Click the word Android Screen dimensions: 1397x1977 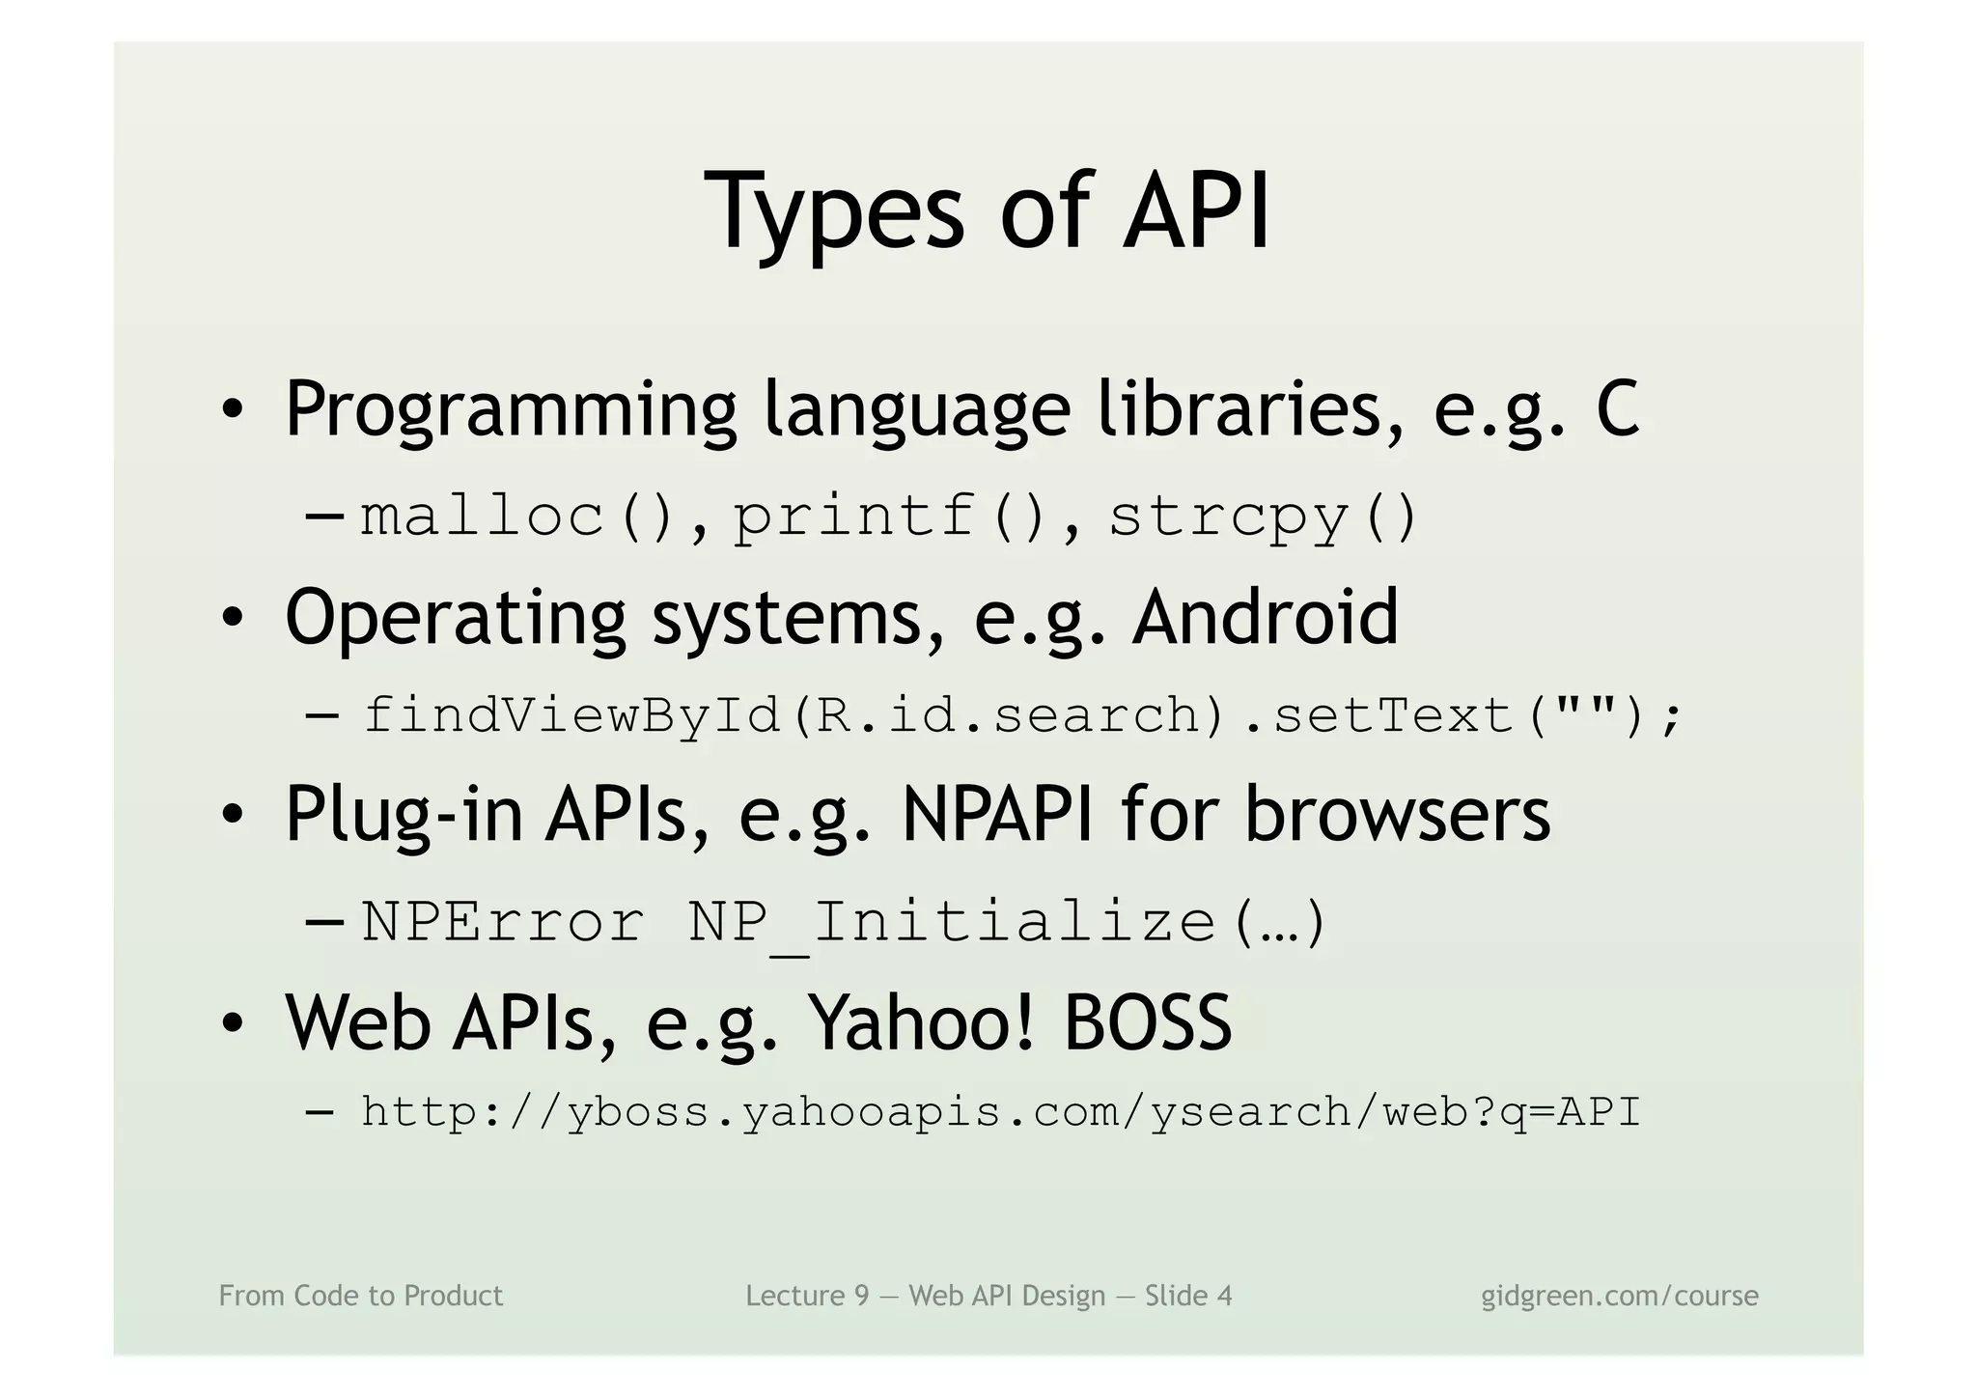[1266, 617]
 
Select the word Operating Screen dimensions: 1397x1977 [456, 619]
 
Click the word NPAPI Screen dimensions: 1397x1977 [997, 815]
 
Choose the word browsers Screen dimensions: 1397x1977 [1397, 815]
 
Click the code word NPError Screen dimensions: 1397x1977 [503, 922]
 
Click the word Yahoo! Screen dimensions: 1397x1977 [921, 1022]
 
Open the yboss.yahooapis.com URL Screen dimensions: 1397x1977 [1000, 1113]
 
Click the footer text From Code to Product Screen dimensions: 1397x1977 [361, 1296]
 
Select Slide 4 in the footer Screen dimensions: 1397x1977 [1188, 1296]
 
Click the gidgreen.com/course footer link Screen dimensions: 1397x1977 [1619, 1296]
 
